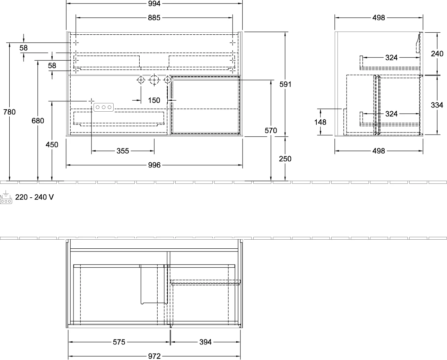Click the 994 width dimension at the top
coord(154,3)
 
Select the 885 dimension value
coord(154,18)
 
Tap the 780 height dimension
coord(9,112)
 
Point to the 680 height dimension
coord(38,121)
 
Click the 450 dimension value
coord(52,145)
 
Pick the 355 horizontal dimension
coord(123,151)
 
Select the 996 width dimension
coord(154,165)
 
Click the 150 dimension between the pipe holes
coord(154,101)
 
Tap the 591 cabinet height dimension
coord(285,84)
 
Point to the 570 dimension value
coord(271,131)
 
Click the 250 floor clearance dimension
coord(285,159)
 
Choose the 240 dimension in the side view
coord(437,54)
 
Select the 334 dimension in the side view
coord(437,105)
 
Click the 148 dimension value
coord(320,122)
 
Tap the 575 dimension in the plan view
coord(119,342)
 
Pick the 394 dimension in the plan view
coord(205,342)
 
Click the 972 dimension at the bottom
coord(154,356)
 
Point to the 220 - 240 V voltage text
coord(35,197)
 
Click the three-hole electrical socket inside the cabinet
coord(104,107)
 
